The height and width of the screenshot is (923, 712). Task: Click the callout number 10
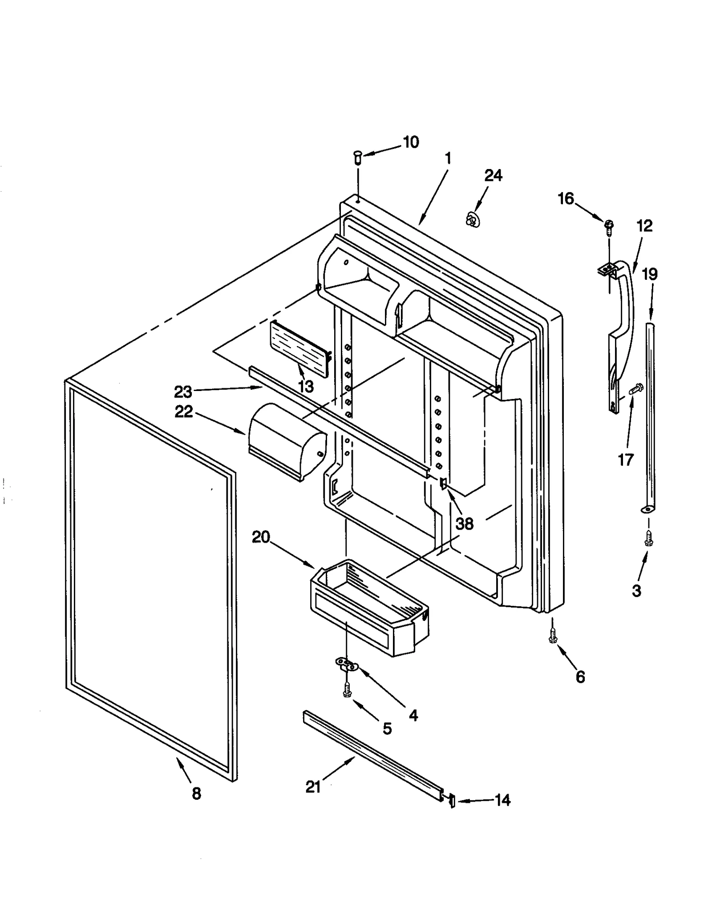411,142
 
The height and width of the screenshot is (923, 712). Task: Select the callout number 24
493,175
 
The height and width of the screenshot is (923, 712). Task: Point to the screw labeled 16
609,225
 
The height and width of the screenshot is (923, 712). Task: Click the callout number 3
636,591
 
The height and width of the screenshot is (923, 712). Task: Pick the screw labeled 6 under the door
553,636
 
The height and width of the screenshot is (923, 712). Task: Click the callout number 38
464,524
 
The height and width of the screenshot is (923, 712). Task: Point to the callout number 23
182,392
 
